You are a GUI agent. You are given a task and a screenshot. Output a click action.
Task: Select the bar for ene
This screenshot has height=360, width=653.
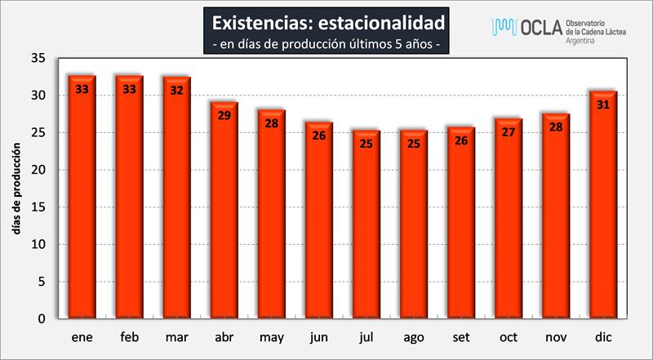click(82, 200)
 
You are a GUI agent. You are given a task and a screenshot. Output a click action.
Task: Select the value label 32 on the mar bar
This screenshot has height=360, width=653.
click(177, 90)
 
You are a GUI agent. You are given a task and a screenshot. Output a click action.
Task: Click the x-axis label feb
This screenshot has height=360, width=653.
click(130, 336)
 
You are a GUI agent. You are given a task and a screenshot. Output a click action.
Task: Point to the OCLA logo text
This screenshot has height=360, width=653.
click(540, 28)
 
